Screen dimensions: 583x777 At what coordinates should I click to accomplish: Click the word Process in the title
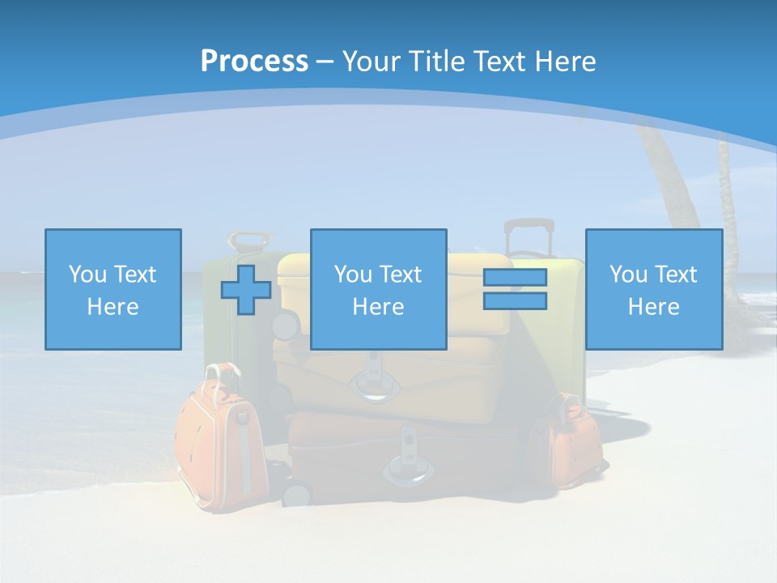pos(254,62)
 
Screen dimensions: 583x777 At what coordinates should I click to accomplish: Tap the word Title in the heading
pos(436,62)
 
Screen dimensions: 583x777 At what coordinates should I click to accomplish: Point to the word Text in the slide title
pos(500,62)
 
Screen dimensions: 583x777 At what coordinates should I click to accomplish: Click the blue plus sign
pos(246,290)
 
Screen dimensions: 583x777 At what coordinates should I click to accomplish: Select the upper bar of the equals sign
pos(515,278)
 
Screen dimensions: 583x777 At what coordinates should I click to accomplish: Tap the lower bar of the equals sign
pos(515,301)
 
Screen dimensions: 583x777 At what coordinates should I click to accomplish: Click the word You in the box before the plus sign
pos(87,274)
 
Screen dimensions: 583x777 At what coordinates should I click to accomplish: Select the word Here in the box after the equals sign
pos(653,307)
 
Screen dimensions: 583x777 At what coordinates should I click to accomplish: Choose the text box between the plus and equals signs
pos(378,289)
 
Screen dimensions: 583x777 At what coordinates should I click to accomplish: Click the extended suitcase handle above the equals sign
pos(529,236)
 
